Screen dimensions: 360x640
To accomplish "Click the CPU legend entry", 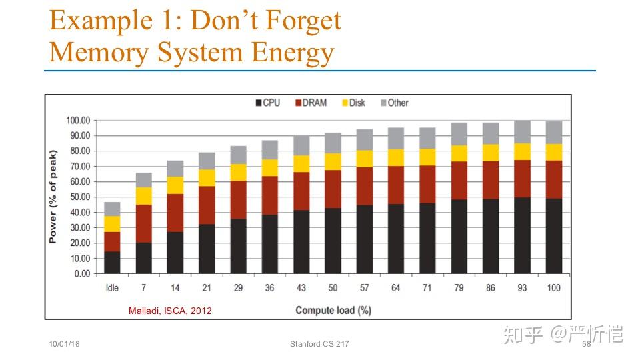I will click(267, 103).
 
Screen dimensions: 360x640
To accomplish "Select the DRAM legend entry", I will click(310, 103).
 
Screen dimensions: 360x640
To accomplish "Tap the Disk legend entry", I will click(353, 103).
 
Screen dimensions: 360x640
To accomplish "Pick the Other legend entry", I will click(394, 103).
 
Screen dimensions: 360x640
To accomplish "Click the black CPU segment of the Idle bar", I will click(112, 262).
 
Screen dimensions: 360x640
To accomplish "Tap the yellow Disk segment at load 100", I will click(554, 152).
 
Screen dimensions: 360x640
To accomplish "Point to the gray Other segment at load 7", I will click(143, 179).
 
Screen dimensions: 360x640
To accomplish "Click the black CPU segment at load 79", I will click(459, 236).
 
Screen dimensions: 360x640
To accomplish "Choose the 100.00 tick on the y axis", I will click(77, 121).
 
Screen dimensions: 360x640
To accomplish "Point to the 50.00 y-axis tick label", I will click(79, 197).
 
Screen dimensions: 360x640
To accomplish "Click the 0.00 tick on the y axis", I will click(81, 274).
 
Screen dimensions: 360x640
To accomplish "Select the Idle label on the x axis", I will click(112, 288).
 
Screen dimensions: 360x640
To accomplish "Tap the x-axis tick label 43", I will click(301, 288).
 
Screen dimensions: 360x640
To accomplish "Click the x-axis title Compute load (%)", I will click(333, 310).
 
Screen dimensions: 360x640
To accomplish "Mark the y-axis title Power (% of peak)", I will click(53, 197).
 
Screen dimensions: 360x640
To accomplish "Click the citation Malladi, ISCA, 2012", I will click(170, 311).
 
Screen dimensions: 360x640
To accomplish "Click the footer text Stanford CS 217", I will click(319, 344).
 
